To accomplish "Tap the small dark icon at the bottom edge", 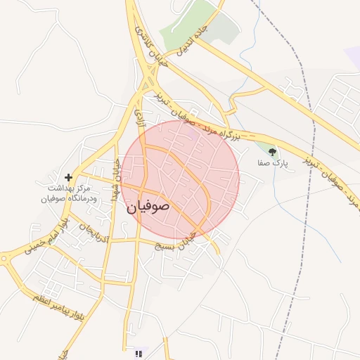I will (x=139, y=353).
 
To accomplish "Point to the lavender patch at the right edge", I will (x=352, y=56).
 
